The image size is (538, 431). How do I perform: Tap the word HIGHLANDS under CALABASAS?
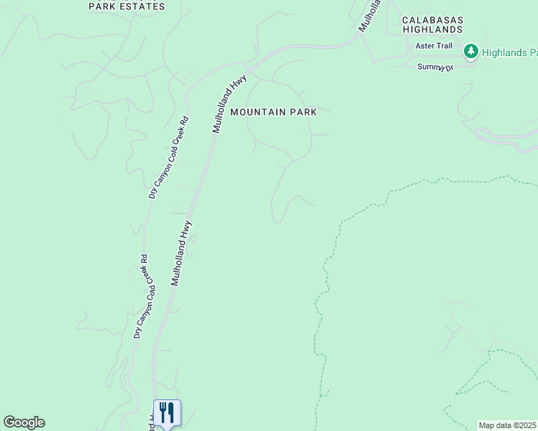[x=432, y=29]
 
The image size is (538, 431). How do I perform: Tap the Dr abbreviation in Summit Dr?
[x=450, y=68]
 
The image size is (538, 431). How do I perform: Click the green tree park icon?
[x=471, y=51]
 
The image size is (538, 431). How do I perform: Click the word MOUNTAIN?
[x=259, y=112]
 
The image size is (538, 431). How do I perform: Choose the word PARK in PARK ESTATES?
[x=101, y=6]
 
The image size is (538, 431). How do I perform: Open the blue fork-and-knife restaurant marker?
[x=167, y=412]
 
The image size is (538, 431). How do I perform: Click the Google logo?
[x=24, y=422]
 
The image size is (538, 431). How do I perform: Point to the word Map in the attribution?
[x=487, y=425]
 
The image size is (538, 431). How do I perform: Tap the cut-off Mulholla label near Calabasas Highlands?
[x=368, y=16]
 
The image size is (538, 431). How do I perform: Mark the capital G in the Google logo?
[x=9, y=422]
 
